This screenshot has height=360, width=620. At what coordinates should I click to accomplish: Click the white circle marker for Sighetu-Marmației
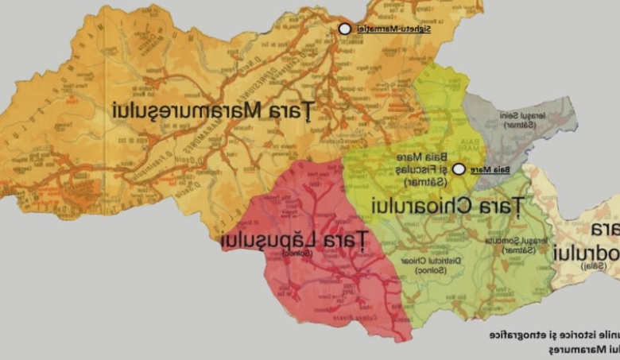(x=344, y=29)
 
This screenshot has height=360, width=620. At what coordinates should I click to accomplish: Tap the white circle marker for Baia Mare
(x=459, y=169)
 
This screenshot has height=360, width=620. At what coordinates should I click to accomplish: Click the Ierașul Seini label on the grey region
(x=523, y=115)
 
